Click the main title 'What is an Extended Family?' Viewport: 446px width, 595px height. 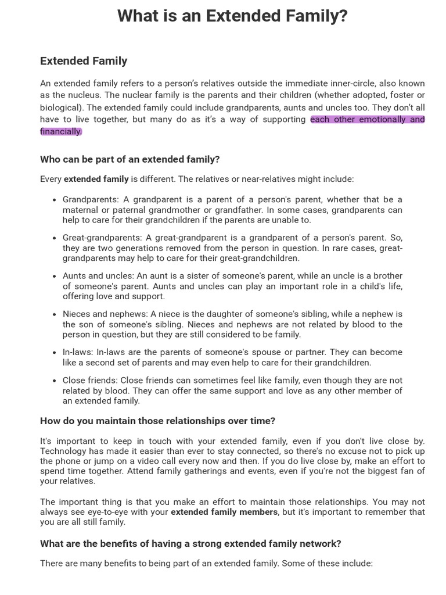click(x=232, y=16)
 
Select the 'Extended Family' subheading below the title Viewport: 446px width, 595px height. click(x=84, y=61)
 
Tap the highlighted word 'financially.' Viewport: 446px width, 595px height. click(x=61, y=131)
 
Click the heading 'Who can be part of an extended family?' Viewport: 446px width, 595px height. click(x=130, y=159)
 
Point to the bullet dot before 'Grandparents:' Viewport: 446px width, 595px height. click(x=55, y=200)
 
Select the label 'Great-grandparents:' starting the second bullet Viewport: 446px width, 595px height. click(x=103, y=238)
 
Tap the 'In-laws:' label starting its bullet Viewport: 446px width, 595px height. click(x=78, y=352)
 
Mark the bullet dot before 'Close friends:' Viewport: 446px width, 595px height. click(x=55, y=381)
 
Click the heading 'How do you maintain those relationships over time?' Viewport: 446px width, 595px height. click(x=157, y=421)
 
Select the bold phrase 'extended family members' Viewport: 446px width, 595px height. click(x=224, y=512)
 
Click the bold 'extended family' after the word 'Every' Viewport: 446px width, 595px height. click(x=96, y=179)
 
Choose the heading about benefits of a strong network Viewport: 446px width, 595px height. click(x=190, y=543)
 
